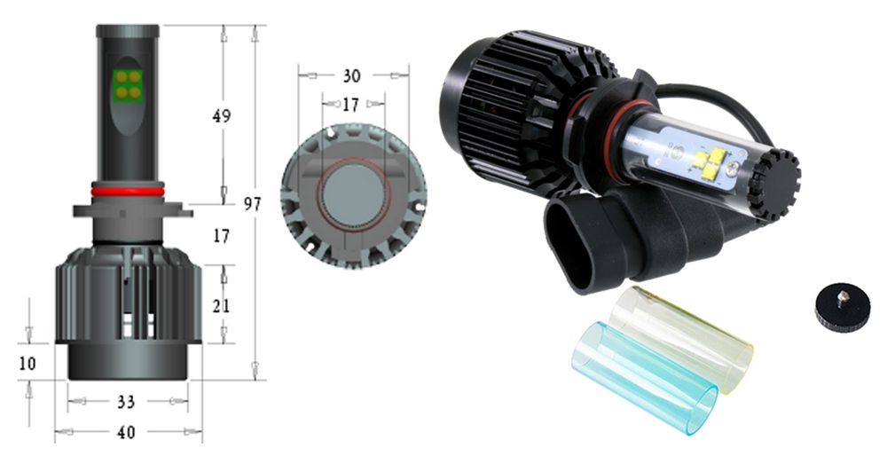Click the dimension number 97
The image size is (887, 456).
coord(253,204)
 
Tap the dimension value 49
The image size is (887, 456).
coord(222,116)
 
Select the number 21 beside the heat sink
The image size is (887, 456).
coord(221,306)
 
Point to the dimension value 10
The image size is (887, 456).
coord(27,363)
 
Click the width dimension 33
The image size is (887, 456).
coord(126,402)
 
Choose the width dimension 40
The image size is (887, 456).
coord(126,432)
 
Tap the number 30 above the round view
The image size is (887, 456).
coord(351,75)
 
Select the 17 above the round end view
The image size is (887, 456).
coord(350,105)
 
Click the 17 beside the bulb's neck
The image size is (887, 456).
coord(221,236)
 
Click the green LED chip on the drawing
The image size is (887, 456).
coord(127,84)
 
